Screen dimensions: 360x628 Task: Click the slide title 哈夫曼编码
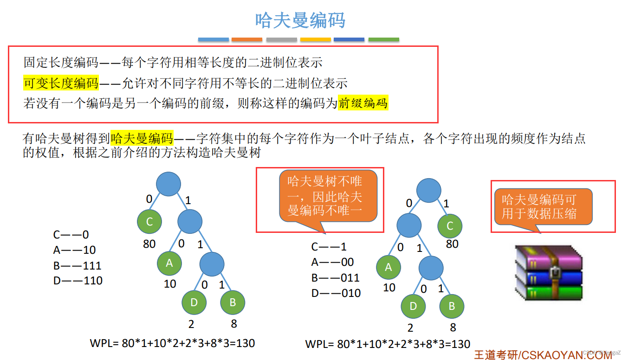point(300,20)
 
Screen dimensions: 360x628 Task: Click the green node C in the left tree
point(149,222)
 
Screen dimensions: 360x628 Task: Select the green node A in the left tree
point(169,263)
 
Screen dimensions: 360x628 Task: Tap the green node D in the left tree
point(194,302)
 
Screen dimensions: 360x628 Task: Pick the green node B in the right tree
point(451,306)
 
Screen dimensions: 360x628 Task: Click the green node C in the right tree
point(449,226)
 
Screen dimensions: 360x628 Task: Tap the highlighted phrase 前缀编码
point(363,103)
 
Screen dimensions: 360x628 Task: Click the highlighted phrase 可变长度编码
point(61,83)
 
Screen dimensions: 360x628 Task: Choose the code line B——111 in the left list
point(77,265)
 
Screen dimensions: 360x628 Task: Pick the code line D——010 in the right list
point(336,293)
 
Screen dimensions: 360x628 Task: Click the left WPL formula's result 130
point(245,343)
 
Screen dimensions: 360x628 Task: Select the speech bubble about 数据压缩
point(543,206)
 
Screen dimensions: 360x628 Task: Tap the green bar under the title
point(383,40)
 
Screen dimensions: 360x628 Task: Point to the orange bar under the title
point(247,40)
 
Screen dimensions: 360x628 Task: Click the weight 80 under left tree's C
point(149,244)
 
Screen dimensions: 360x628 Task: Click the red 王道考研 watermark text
point(496,355)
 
